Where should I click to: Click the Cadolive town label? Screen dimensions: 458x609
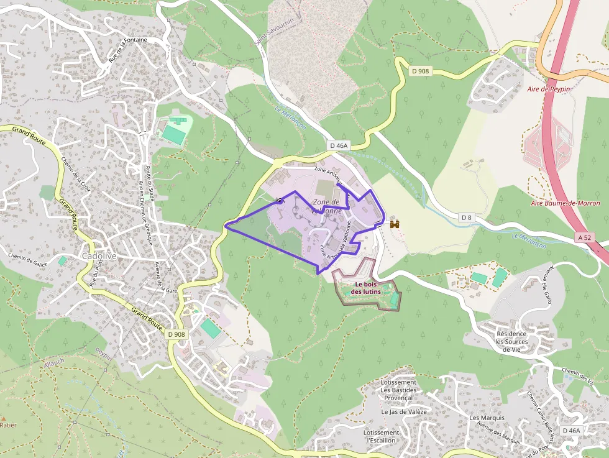coord(98,256)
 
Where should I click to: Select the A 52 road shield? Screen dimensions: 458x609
coord(585,237)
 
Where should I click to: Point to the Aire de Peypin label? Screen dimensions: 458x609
coord(548,89)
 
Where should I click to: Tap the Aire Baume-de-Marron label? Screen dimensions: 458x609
coord(565,203)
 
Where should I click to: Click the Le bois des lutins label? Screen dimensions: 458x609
coord(366,288)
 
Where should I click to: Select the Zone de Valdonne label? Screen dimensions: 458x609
coord(326,206)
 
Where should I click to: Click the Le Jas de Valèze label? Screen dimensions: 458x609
coord(398,411)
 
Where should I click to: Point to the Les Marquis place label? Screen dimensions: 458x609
coord(487,418)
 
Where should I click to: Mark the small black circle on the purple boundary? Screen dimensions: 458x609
coord(280,201)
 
